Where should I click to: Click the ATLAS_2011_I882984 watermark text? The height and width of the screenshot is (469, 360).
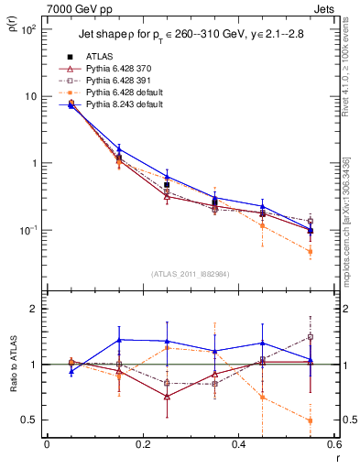[191, 274]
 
